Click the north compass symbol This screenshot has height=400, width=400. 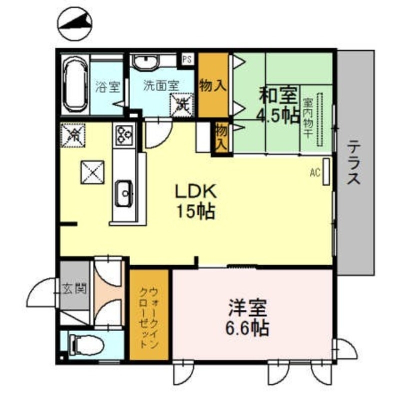click(75, 25)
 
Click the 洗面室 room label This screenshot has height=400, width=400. click(160, 85)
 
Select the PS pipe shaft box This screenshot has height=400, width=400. click(187, 59)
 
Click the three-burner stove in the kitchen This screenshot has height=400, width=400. click(124, 134)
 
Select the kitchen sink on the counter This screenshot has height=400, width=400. click(123, 193)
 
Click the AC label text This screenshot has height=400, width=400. click(314, 173)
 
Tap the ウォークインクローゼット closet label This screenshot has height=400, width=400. click(149, 317)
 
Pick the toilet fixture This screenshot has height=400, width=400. click(87, 344)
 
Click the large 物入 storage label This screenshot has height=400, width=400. click(212, 85)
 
